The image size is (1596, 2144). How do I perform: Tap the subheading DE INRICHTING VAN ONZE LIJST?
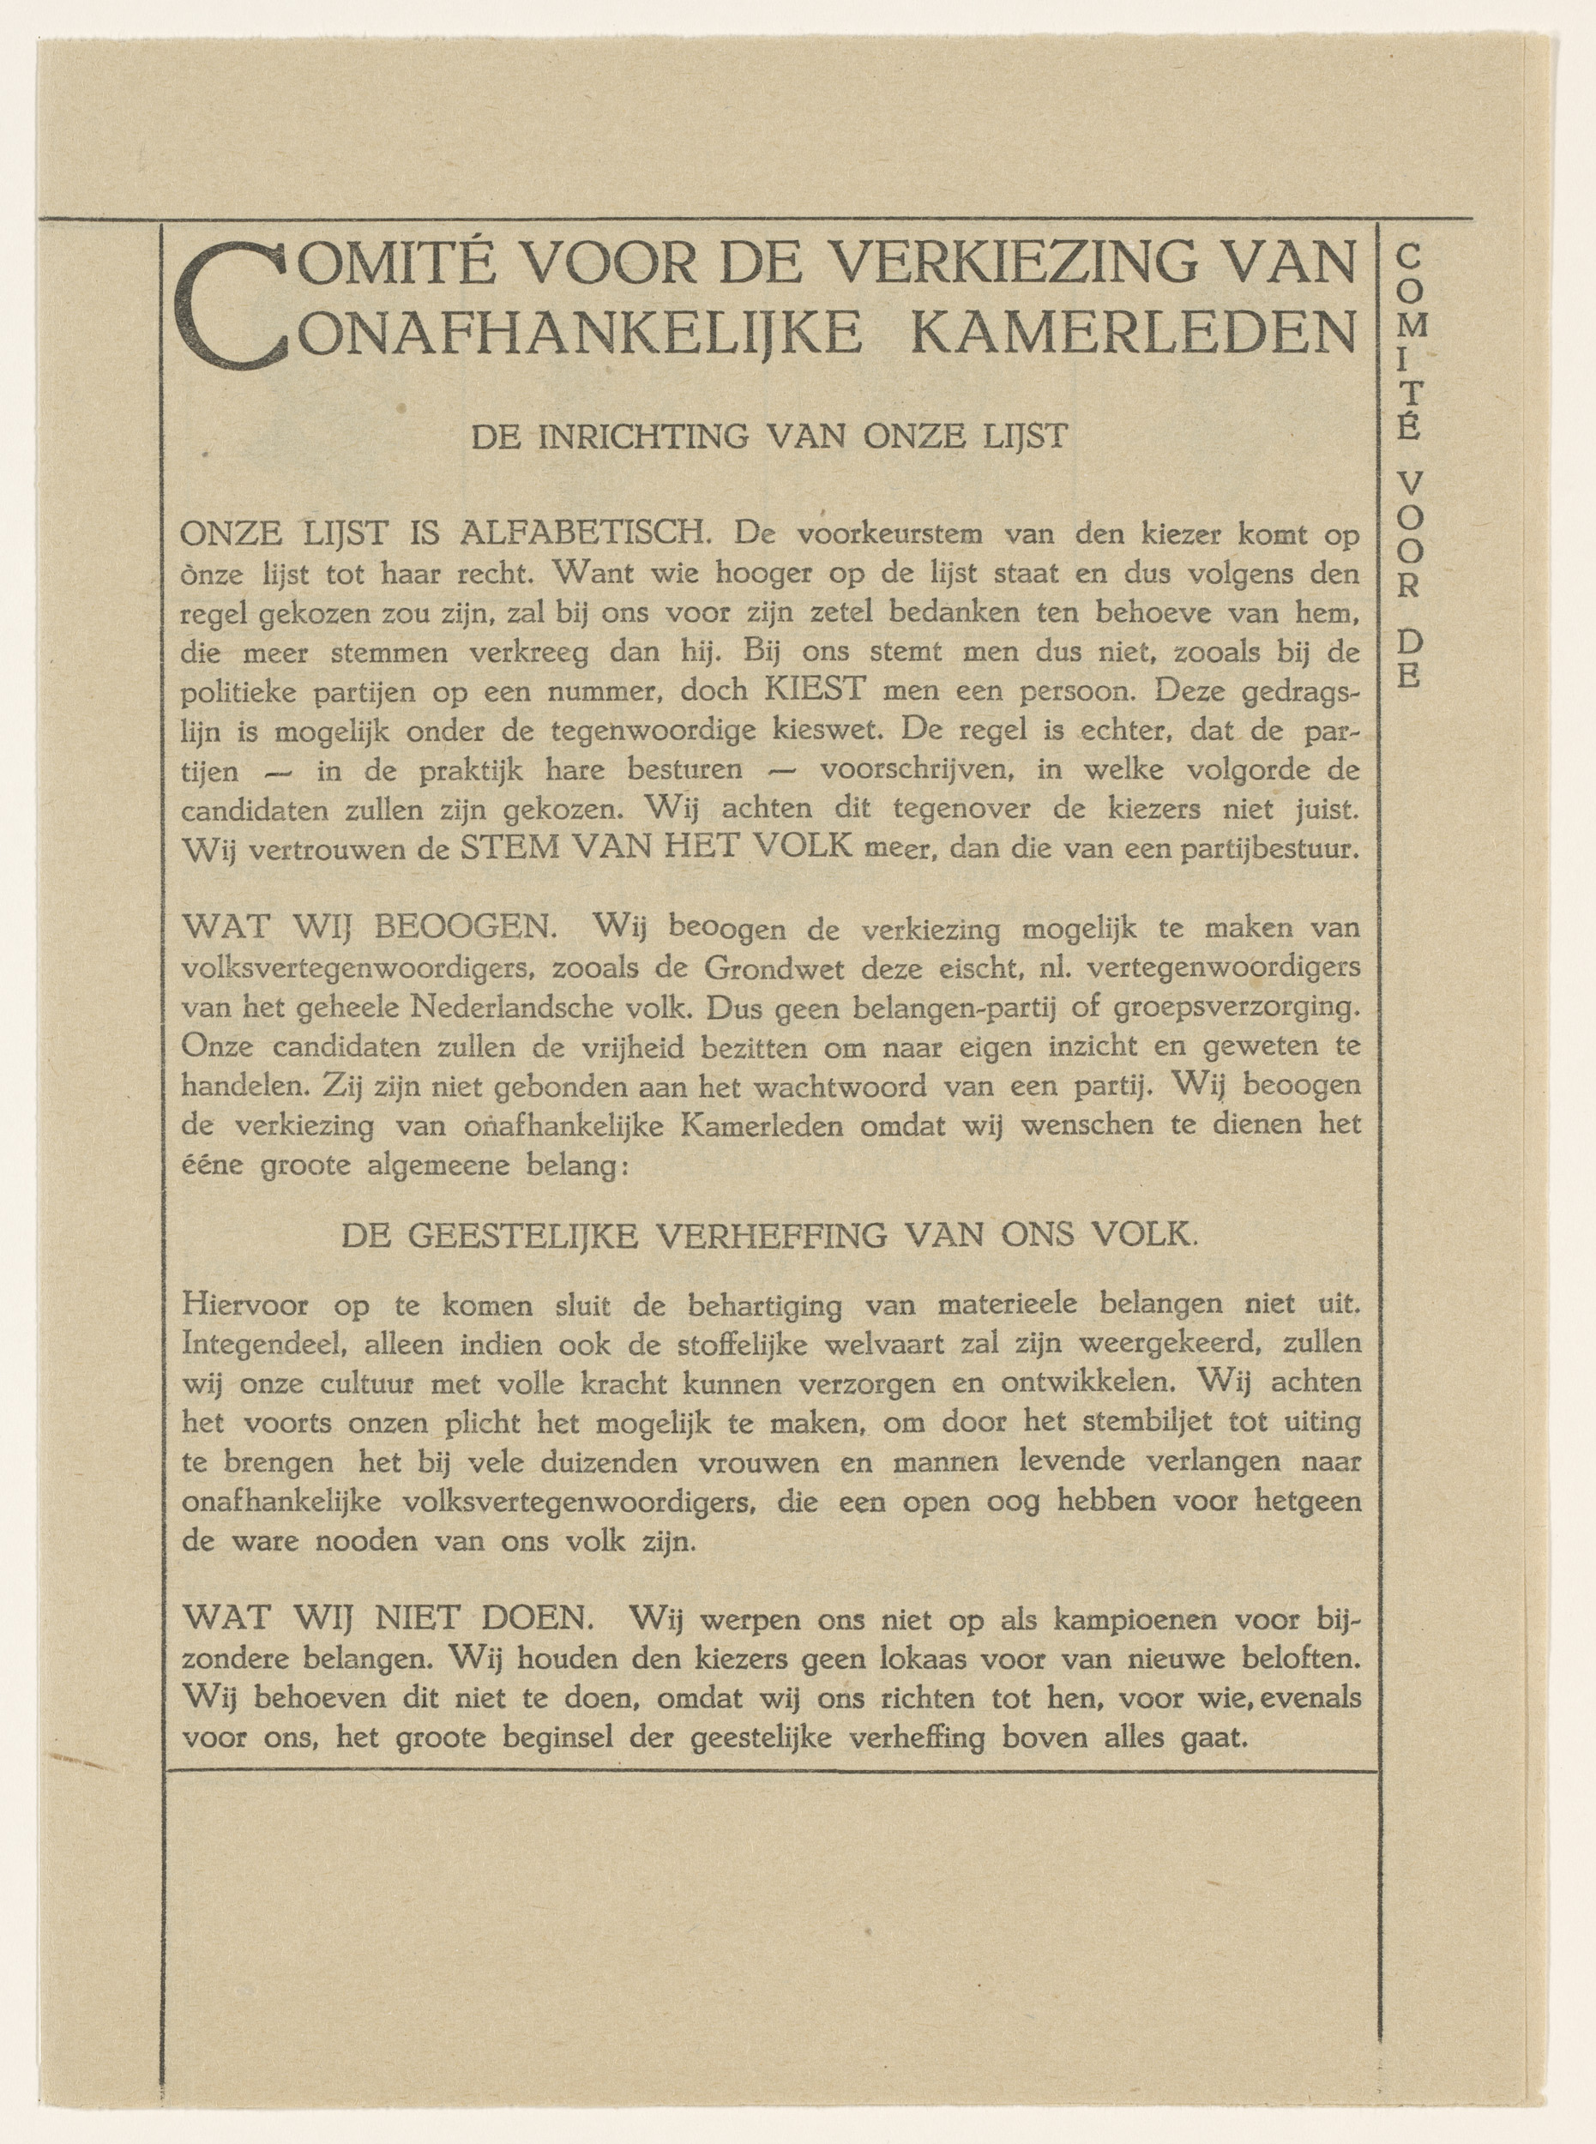point(769,437)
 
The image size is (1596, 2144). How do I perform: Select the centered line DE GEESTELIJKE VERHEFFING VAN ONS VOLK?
point(769,1235)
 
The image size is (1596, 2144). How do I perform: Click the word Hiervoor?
point(244,1305)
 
